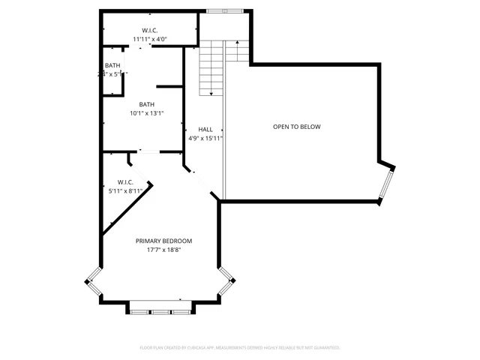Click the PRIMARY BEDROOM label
[x=163, y=241]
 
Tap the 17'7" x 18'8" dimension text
[x=163, y=250]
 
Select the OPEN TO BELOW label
[x=296, y=127]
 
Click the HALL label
[x=205, y=130]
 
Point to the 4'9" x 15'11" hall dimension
[x=205, y=138]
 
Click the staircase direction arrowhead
[x=212, y=93]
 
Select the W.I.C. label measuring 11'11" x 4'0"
[x=150, y=30]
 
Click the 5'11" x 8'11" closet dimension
[x=125, y=191]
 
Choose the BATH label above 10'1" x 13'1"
[x=146, y=104]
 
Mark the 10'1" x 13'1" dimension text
[x=146, y=113]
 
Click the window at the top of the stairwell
[x=224, y=10]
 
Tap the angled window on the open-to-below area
[x=385, y=184]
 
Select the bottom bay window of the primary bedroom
[x=159, y=307]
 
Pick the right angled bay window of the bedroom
[x=226, y=280]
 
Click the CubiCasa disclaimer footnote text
[x=240, y=348]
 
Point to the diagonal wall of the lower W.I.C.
[x=127, y=206]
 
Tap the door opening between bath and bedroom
[x=148, y=152]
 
